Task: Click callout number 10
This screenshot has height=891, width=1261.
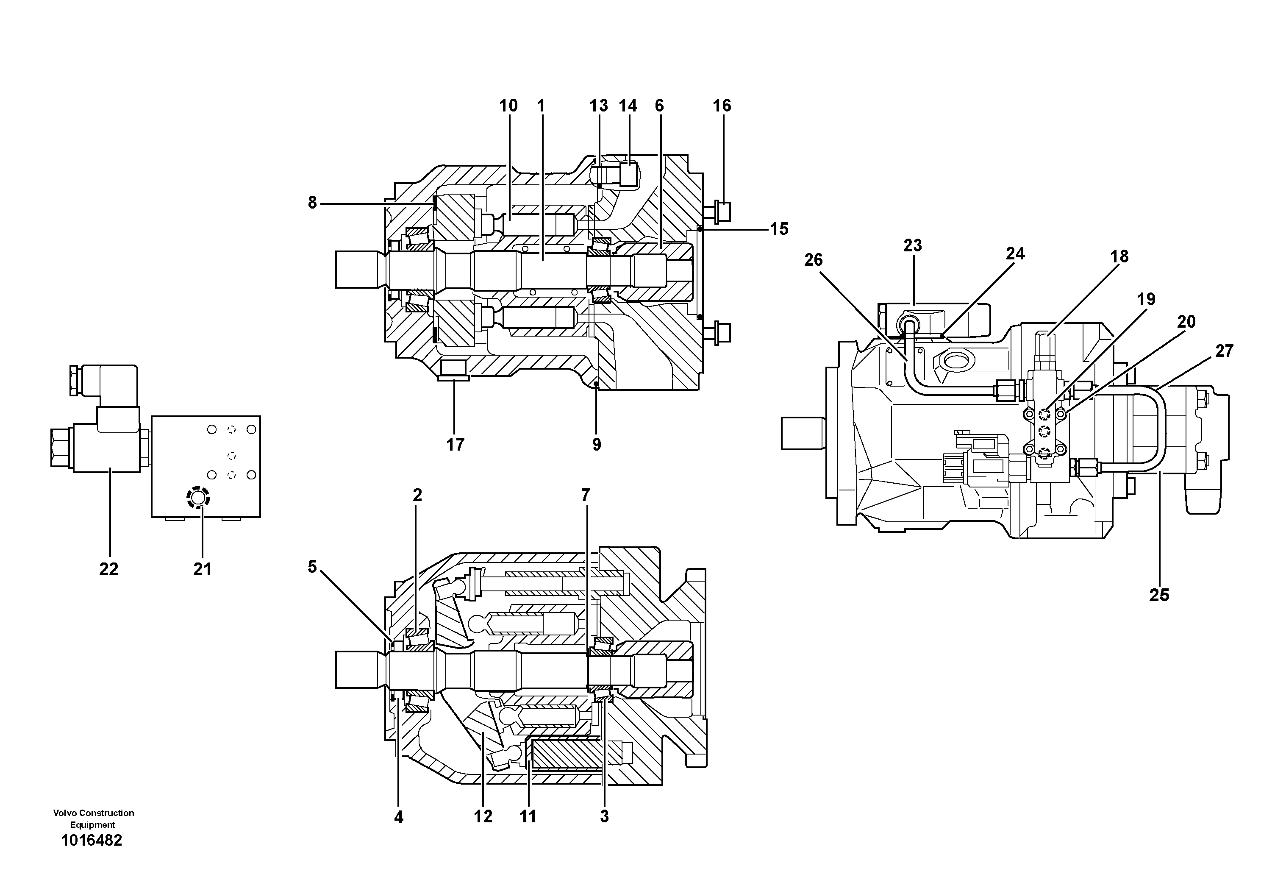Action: pos(508,106)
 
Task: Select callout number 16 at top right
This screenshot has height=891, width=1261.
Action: pos(722,106)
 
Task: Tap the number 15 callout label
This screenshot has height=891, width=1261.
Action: pos(778,229)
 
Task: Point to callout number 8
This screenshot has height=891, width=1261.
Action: pos(312,203)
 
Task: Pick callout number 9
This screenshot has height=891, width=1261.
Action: pos(597,444)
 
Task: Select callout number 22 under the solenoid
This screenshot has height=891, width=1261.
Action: pos(109,570)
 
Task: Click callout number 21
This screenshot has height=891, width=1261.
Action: pos(202,570)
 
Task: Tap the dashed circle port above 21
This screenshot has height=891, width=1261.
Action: pos(198,498)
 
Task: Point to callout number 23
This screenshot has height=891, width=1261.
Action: pos(912,245)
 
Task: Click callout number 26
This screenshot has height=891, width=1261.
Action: pos(814,260)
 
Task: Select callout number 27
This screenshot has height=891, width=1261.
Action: pos(1224,351)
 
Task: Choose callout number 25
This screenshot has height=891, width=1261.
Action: pos(1159,595)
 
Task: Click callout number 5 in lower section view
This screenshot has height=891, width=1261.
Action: pos(312,567)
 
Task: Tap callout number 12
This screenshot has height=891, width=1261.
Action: pos(483,817)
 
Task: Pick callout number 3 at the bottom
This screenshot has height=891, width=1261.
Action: pos(604,817)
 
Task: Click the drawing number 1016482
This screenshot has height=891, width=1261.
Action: pos(92,841)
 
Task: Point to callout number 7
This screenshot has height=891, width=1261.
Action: pos(586,496)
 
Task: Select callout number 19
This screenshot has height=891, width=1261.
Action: pos(1146,299)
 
